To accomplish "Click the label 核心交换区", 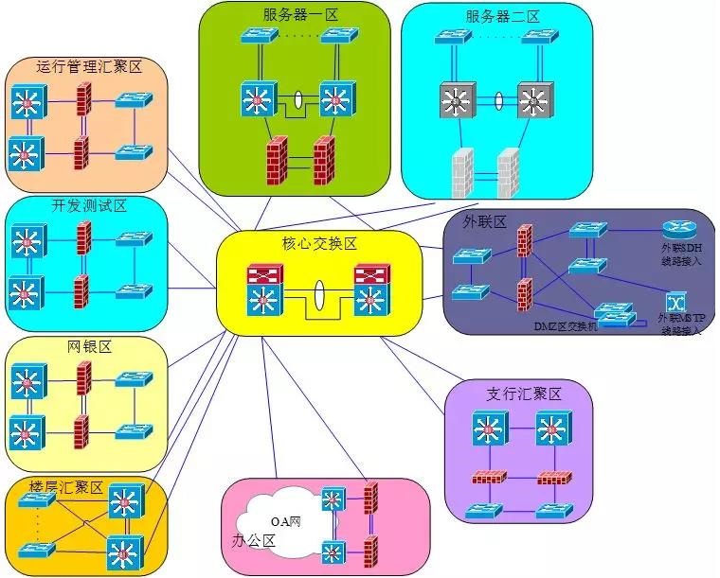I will (319, 244).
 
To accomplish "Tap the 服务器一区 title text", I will (300, 15).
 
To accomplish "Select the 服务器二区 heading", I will (502, 17).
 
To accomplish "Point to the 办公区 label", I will (253, 541).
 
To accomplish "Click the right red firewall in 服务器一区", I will (324, 162).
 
